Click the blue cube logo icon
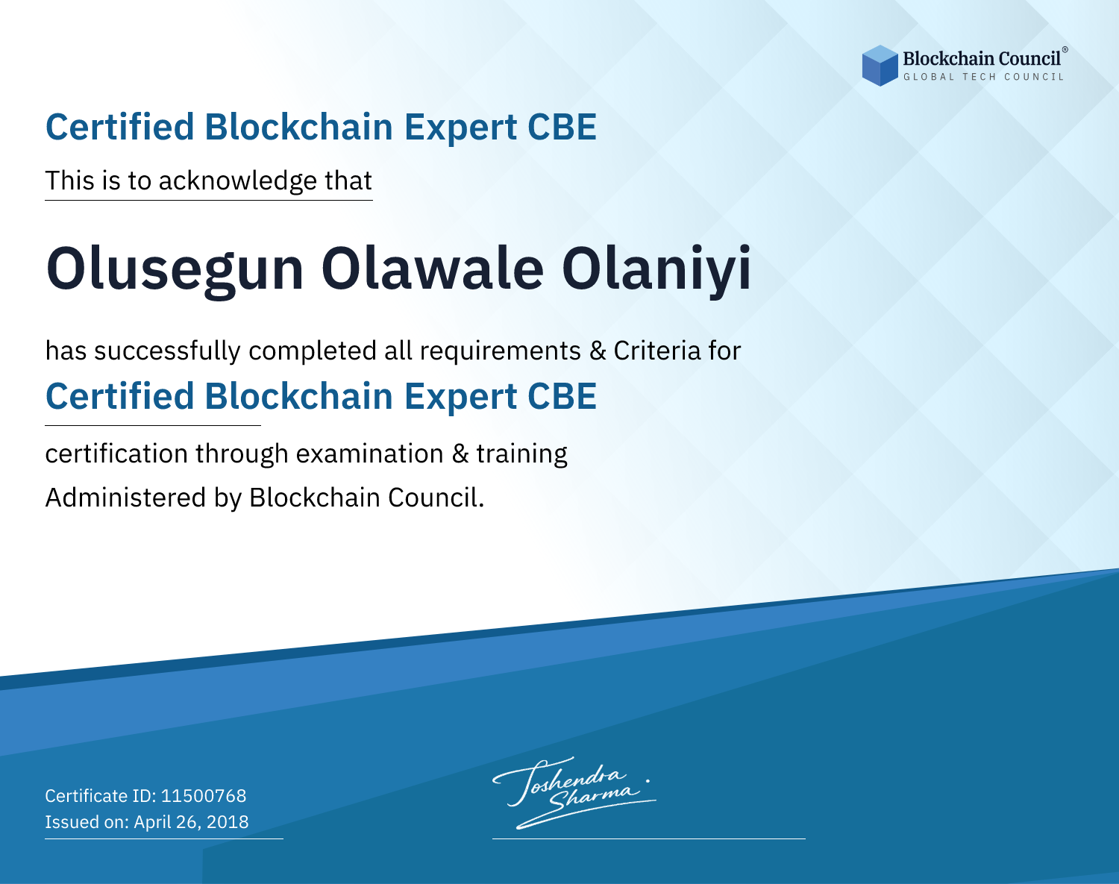880,66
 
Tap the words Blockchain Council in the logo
982,59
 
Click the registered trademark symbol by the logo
1065,50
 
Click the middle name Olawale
433,269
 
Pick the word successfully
167,351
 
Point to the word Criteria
656,351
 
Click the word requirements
501,351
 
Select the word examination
370,454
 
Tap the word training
521,454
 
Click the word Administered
125,498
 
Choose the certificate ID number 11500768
204,796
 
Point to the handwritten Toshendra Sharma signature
574,792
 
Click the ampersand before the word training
460,454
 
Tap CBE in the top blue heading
562,128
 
